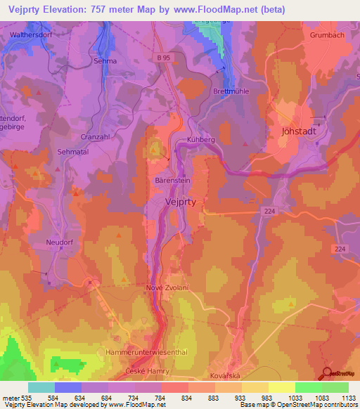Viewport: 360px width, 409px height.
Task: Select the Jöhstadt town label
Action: (300, 131)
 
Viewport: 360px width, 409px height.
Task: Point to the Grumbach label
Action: (326, 34)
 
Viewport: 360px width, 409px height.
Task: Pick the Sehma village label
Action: (105, 61)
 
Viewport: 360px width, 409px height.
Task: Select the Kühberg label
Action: (200, 140)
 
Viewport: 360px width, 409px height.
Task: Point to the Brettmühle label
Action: (231, 91)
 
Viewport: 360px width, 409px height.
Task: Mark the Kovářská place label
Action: (226, 376)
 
